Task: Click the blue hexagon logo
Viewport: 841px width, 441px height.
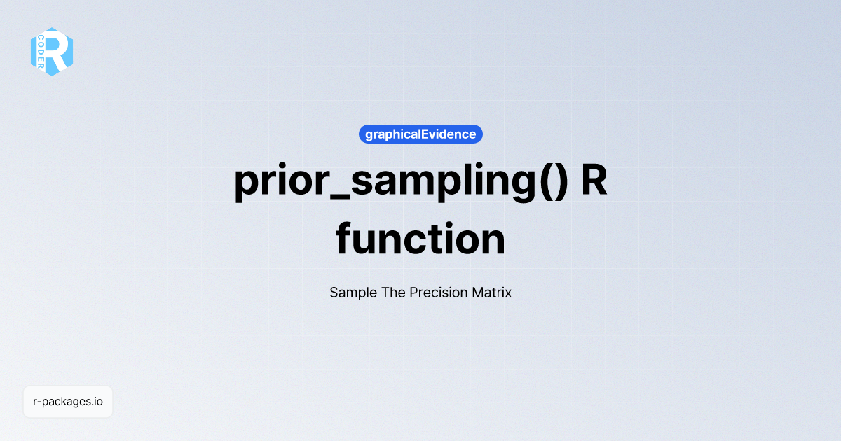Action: coord(51,51)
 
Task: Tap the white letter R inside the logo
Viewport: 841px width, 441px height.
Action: coord(57,51)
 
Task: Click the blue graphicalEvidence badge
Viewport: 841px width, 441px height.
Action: coord(420,134)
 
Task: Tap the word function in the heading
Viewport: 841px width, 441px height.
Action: coord(420,239)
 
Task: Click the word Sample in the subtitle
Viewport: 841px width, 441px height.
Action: coord(353,293)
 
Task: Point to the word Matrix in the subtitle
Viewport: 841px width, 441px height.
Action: coord(493,293)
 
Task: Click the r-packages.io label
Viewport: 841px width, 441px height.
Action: coord(68,402)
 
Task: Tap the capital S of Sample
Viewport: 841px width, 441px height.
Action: coord(334,293)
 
